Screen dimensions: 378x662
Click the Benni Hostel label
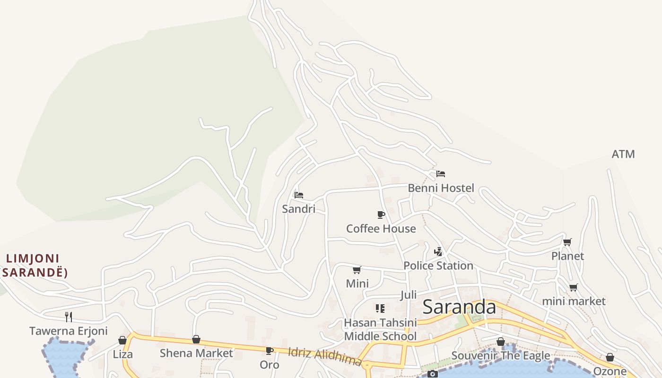(x=441, y=188)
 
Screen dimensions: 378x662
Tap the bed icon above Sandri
(x=298, y=195)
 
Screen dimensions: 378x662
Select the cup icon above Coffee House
(x=381, y=215)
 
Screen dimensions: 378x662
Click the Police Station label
(x=438, y=266)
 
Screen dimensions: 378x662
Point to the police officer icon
(x=438, y=251)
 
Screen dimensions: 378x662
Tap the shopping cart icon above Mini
(x=357, y=270)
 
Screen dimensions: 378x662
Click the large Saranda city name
(x=459, y=307)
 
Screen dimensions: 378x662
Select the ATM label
(x=623, y=155)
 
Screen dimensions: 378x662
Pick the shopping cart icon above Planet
(x=567, y=242)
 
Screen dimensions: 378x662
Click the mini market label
(x=574, y=301)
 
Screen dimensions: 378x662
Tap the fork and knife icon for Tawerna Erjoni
(x=69, y=317)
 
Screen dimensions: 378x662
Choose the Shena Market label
(x=196, y=353)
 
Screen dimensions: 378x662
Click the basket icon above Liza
(x=122, y=340)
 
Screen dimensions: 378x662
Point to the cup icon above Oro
(x=270, y=351)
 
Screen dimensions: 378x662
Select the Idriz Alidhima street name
(x=325, y=356)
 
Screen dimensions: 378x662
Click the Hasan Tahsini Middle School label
(x=380, y=329)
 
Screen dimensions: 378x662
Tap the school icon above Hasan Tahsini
(x=380, y=309)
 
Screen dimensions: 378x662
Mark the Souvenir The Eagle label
(x=501, y=355)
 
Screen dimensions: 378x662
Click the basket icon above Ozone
(x=610, y=358)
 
